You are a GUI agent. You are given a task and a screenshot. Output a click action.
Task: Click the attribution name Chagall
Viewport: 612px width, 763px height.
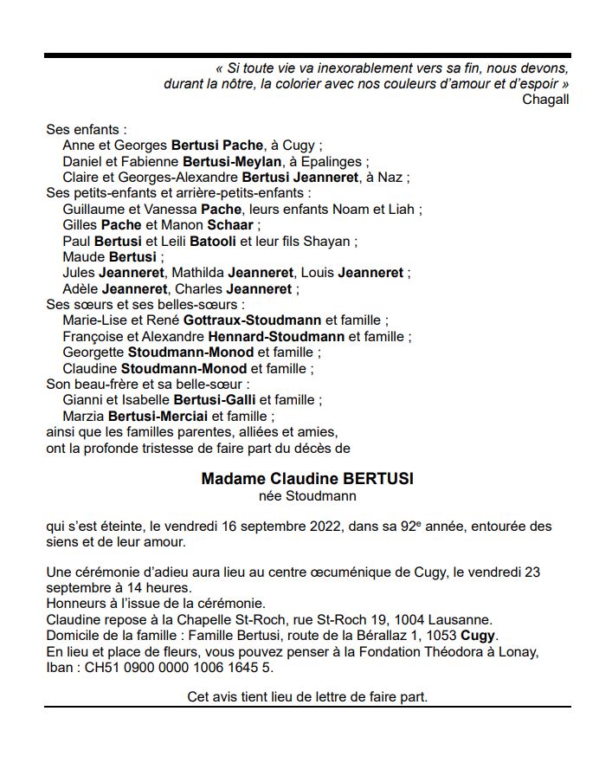(x=545, y=99)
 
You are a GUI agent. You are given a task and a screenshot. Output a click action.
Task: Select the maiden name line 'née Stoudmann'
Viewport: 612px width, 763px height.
(x=307, y=496)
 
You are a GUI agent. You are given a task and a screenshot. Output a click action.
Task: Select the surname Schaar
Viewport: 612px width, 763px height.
(x=225, y=225)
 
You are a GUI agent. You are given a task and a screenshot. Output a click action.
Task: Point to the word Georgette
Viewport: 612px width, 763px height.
(x=93, y=352)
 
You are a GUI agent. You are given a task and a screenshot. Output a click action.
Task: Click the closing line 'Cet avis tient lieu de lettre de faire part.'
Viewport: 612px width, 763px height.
(x=307, y=696)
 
